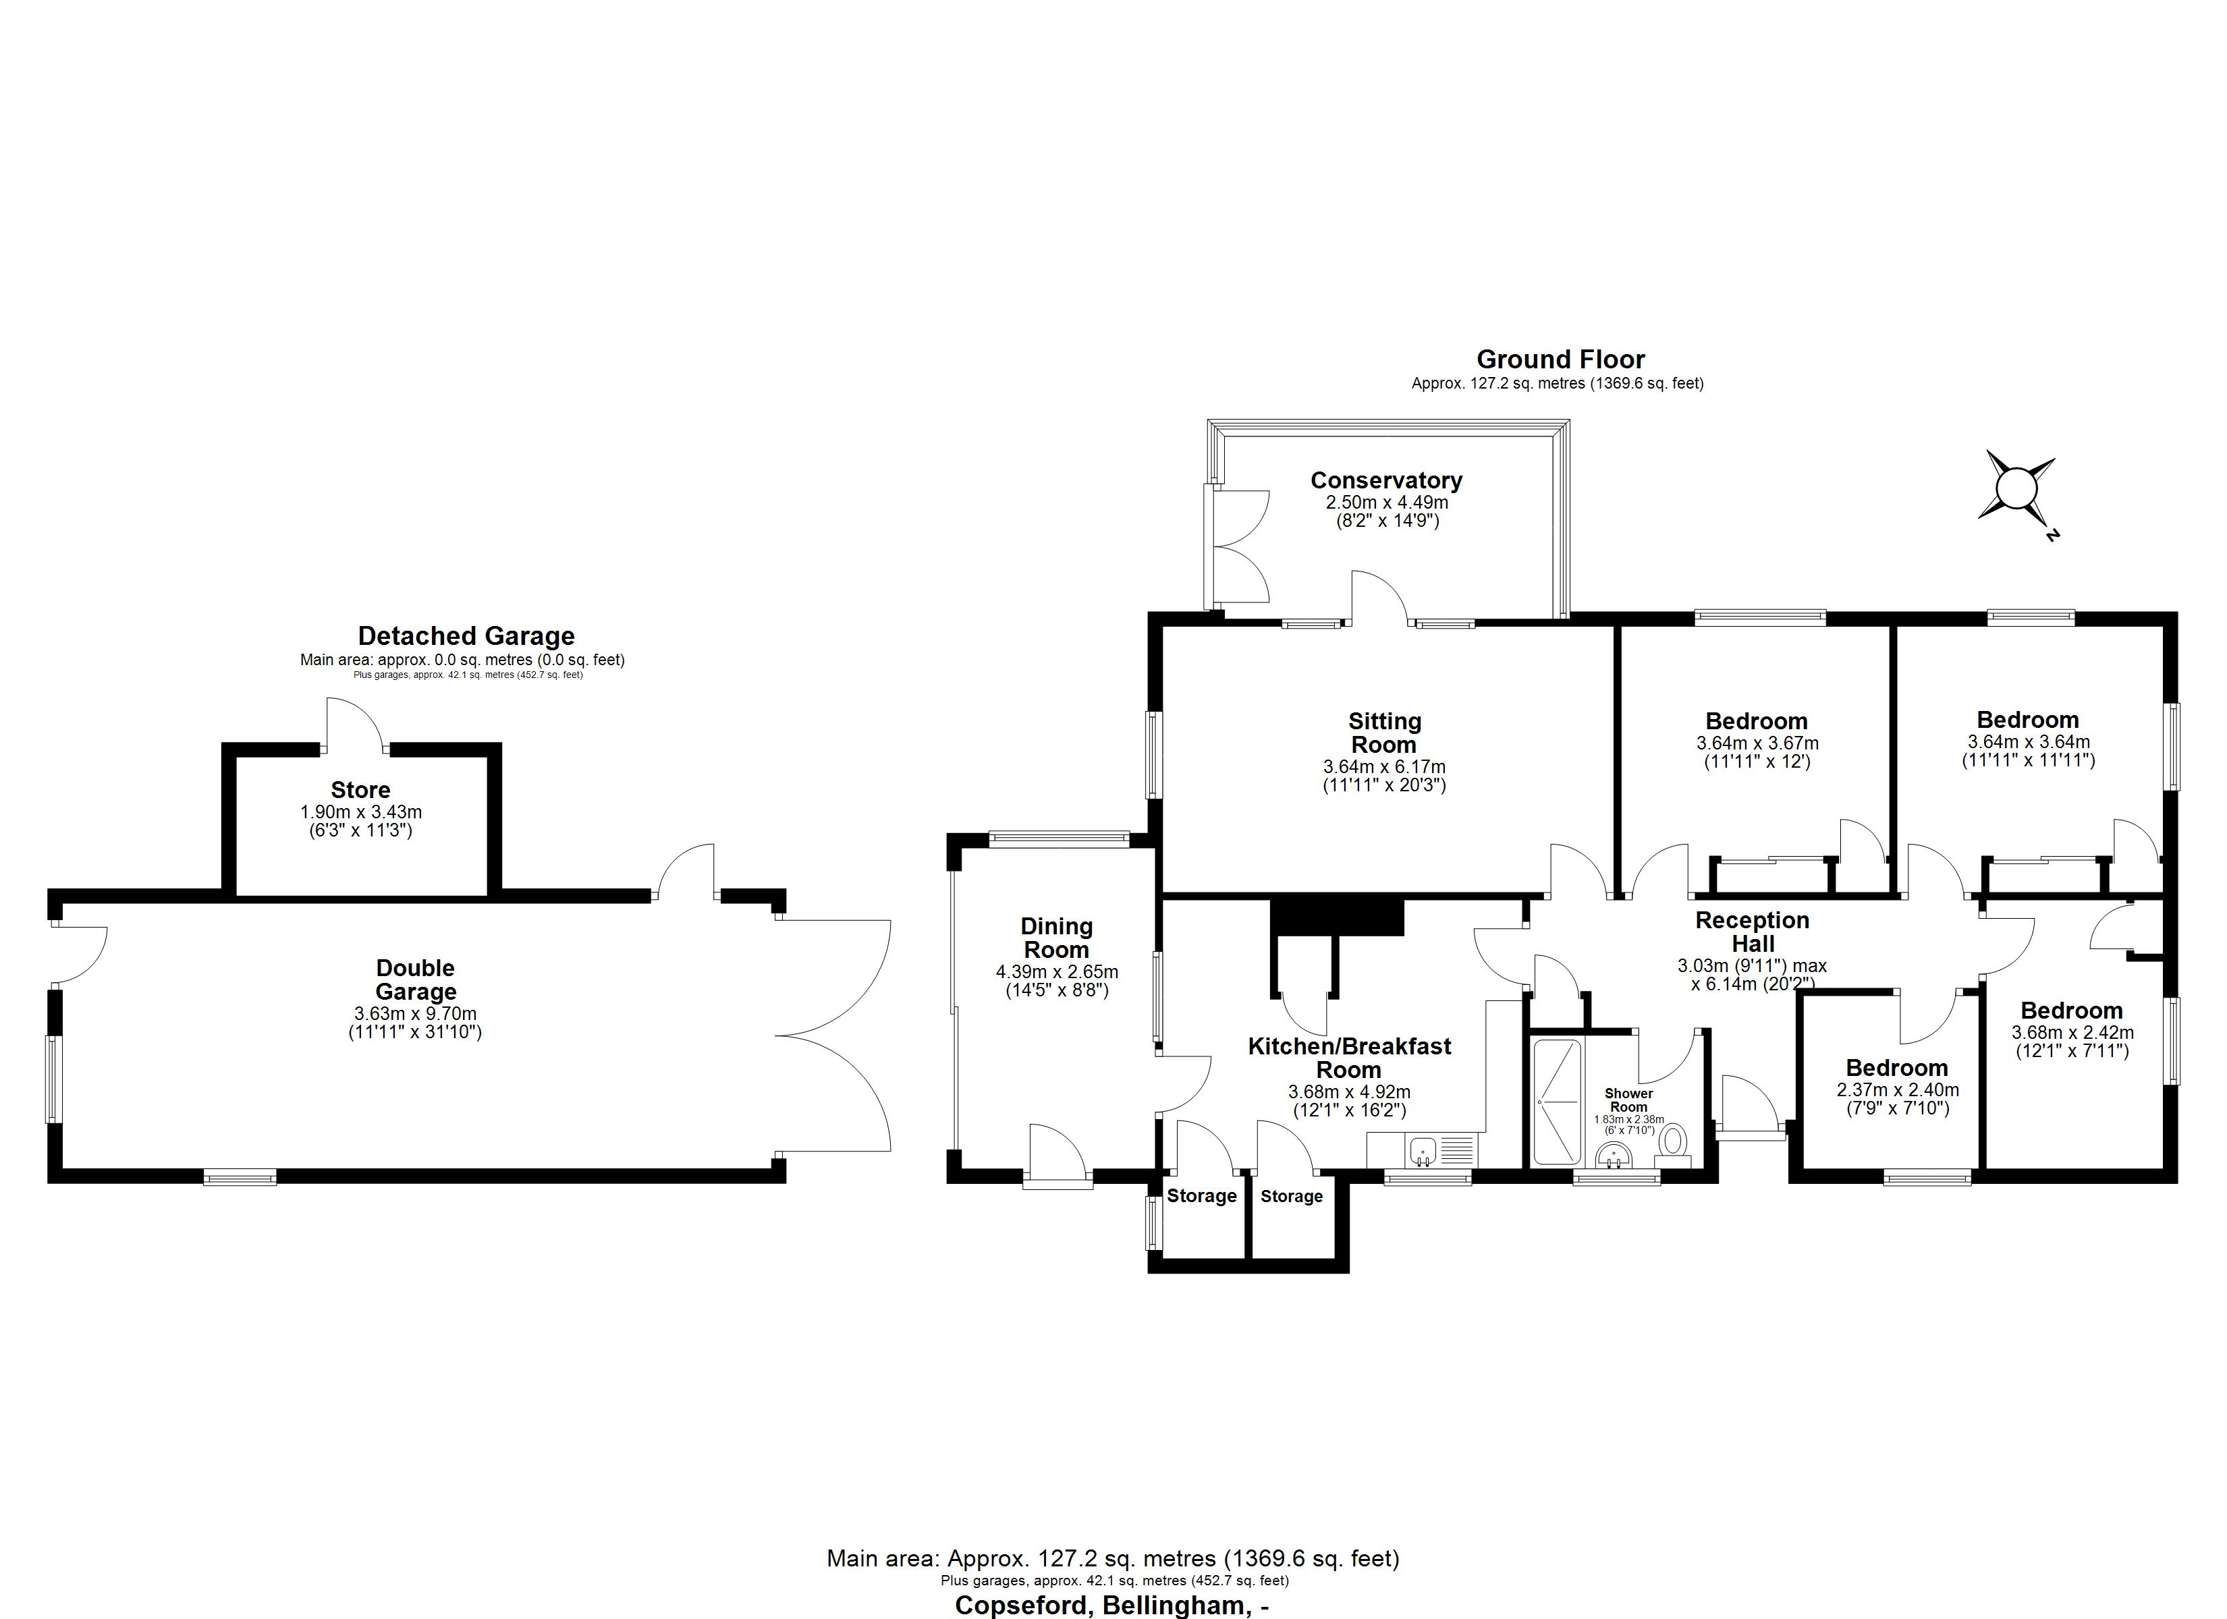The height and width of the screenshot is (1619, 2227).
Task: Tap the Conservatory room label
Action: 1385,481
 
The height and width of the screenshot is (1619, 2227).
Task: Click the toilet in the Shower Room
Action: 1671,1141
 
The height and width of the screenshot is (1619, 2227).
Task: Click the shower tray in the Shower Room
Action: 1556,1102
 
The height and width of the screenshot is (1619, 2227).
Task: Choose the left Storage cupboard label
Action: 1201,1196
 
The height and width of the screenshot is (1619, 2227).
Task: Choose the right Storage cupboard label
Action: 1291,1196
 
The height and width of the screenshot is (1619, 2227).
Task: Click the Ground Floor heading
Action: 1560,360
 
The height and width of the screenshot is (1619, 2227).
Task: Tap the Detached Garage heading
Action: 466,636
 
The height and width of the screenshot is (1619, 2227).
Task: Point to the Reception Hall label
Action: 1752,932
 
